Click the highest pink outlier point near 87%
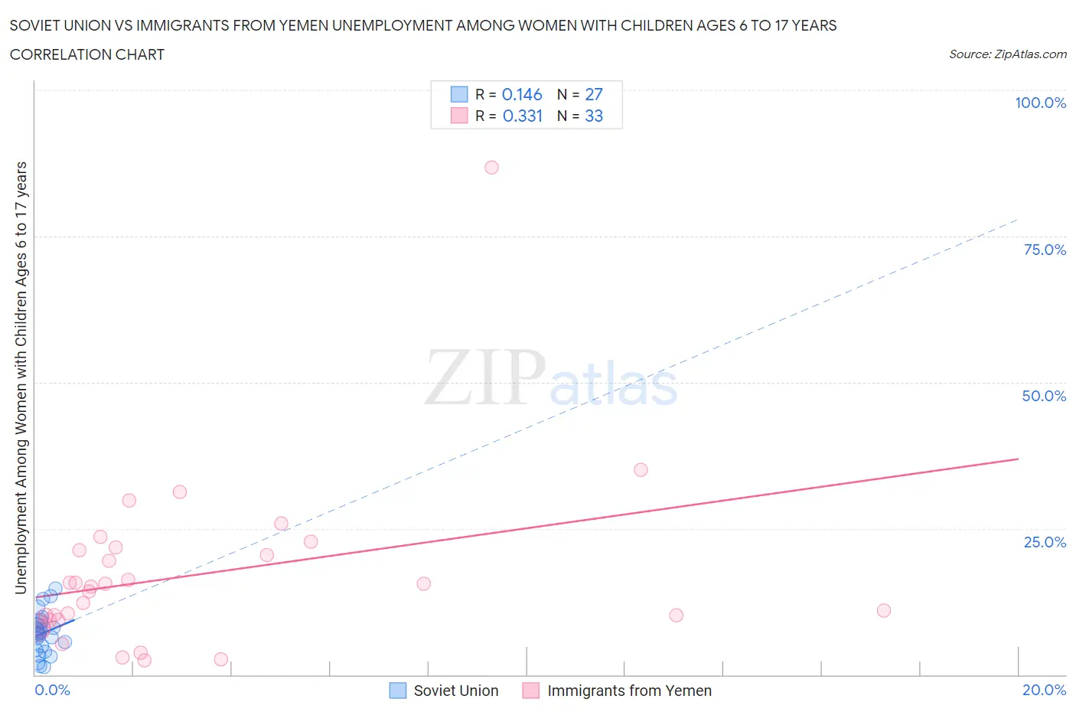coord(491,168)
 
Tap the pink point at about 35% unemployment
coord(641,470)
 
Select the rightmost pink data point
coord(883,610)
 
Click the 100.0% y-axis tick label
coord(1040,103)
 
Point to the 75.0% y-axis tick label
coord(1045,250)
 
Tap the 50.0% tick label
coord(1044,396)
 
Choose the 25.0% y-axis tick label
coord(1045,542)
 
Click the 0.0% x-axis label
coord(52,690)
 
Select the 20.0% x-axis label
coord(1044,690)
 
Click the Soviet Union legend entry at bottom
coord(455,691)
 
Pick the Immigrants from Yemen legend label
coord(629,691)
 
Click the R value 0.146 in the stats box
coord(522,94)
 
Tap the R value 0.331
coord(522,116)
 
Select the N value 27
coord(594,94)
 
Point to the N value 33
coord(594,116)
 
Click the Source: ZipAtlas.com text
coord(1007,54)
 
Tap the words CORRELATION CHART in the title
coord(87,54)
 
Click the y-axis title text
coord(21,377)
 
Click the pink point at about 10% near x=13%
coord(676,615)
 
